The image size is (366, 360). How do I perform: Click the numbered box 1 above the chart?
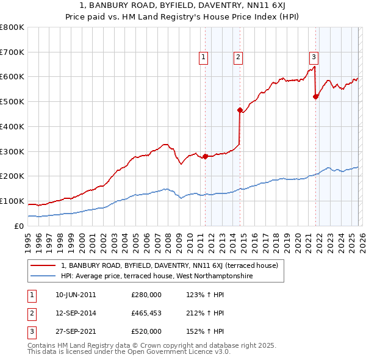[203, 58]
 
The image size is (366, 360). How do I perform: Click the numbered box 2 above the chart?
[237, 58]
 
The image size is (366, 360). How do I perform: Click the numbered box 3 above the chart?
[314, 58]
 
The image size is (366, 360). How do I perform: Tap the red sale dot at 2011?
[205, 156]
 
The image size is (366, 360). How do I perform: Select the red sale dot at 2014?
[240, 110]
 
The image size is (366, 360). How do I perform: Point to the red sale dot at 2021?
[316, 96]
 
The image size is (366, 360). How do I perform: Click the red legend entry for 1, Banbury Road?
[169, 265]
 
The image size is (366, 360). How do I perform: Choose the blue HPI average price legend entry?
[157, 276]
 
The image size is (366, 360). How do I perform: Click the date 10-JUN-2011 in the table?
[76, 295]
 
